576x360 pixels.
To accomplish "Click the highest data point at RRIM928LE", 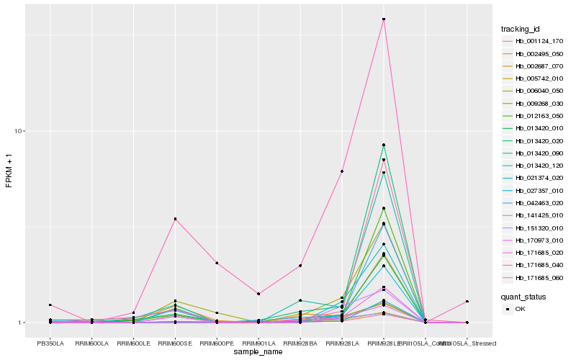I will tap(384, 19).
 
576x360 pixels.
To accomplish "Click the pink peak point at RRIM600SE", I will tap(175, 219).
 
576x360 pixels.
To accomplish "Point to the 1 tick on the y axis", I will tap(22, 323).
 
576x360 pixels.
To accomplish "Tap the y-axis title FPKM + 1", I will tap(9, 171).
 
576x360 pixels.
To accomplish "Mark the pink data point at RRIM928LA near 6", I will tap(342, 171).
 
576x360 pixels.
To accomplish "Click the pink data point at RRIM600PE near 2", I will tap(217, 264).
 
